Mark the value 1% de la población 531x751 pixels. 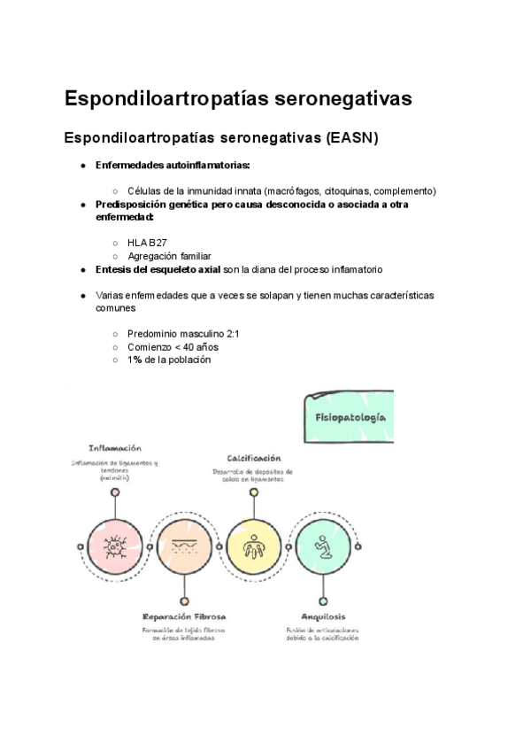point(169,360)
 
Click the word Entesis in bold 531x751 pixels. point(116,269)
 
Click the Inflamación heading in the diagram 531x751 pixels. point(115,448)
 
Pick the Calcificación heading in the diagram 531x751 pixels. point(254,458)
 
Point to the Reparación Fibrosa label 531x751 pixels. point(184,616)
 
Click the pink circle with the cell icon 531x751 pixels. point(115,546)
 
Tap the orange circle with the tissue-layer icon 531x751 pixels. point(184,546)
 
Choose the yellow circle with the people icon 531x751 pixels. point(253,546)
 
